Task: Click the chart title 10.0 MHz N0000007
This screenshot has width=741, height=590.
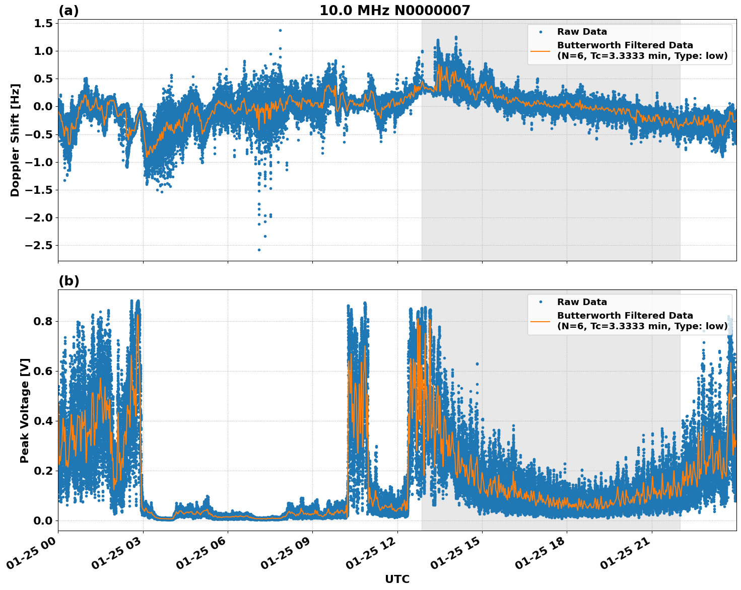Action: point(394,11)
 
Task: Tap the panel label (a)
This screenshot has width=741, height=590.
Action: point(69,11)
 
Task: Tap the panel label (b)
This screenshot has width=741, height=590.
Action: point(69,281)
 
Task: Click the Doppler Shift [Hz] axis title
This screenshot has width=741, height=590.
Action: point(15,140)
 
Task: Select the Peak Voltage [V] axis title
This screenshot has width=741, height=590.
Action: point(25,410)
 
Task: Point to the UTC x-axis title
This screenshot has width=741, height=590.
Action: point(397,579)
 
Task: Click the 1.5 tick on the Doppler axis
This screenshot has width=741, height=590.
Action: point(43,24)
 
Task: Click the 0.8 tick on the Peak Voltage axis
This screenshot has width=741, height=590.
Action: point(43,321)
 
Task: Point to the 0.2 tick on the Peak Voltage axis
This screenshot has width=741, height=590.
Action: point(43,471)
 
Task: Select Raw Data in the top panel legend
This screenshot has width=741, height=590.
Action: point(582,32)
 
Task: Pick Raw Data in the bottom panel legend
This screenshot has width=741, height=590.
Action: point(582,302)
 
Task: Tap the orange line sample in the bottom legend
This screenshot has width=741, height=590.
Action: point(541,321)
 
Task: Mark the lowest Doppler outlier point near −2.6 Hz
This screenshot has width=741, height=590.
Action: point(259,250)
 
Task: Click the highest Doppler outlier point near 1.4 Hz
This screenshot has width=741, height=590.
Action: point(280,30)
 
